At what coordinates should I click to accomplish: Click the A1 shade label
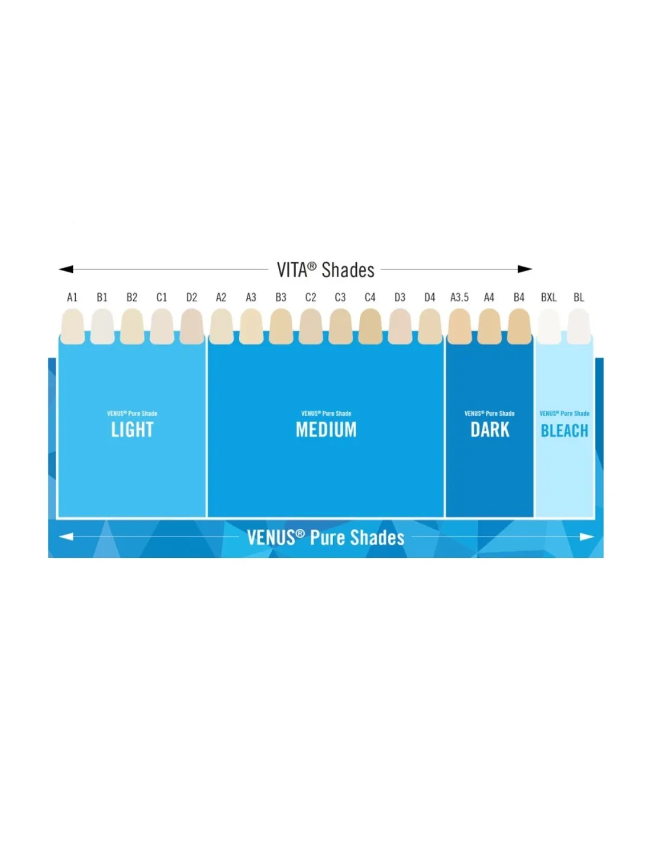(x=72, y=297)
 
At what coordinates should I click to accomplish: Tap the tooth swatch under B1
(x=102, y=326)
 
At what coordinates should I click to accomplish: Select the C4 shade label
(x=370, y=297)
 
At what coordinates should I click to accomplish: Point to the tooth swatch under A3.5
(x=459, y=326)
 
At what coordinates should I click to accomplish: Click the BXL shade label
(x=549, y=297)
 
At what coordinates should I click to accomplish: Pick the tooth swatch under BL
(x=579, y=326)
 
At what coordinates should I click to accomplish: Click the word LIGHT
(x=132, y=429)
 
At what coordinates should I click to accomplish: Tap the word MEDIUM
(x=326, y=429)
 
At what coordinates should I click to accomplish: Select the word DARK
(x=489, y=429)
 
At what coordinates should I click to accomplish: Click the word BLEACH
(x=564, y=430)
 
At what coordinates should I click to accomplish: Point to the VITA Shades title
(x=325, y=269)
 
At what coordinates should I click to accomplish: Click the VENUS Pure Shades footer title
(x=325, y=538)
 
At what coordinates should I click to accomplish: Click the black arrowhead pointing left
(x=66, y=269)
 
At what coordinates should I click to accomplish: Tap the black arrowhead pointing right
(x=525, y=269)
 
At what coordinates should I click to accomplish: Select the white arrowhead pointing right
(x=586, y=536)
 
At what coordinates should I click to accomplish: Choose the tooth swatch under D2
(x=192, y=326)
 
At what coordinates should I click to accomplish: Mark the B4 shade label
(x=518, y=297)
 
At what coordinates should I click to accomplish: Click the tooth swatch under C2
(x=311, y=326)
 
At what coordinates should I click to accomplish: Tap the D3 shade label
(x=399, y=297)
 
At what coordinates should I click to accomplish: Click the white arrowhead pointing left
(x=66, y=536)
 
